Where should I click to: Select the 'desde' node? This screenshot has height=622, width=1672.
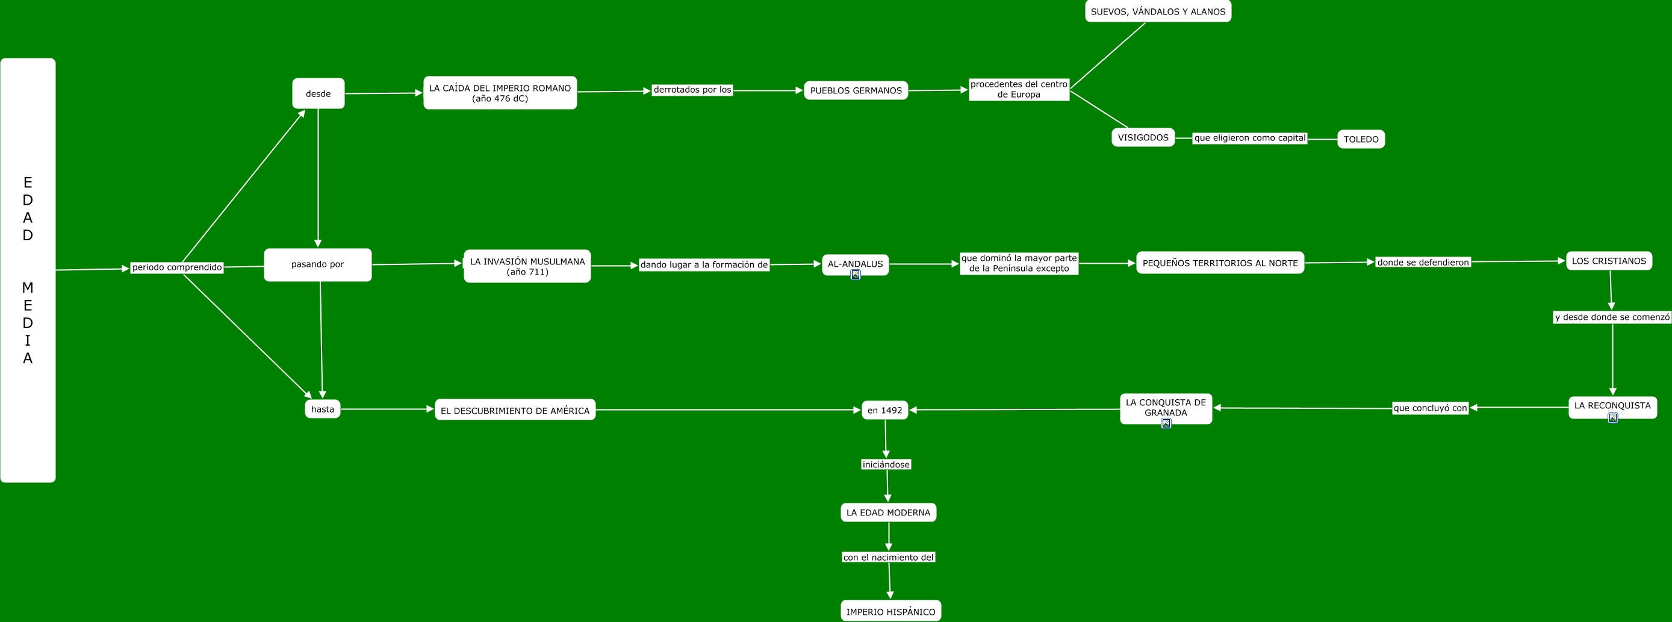click(x=318, y=93)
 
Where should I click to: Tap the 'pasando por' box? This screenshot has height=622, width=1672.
click(x=317, y=264)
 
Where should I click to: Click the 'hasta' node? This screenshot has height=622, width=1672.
click(x=323, y=409)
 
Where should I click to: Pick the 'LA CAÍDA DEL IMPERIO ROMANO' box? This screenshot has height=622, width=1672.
click(x=500, y=93)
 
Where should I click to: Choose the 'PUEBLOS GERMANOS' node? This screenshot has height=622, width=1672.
click(x=856, y=90)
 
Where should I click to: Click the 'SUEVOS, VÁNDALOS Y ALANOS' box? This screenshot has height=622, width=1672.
click(x=1158, y=11)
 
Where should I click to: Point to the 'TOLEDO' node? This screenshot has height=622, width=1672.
click(x=1361, y=139)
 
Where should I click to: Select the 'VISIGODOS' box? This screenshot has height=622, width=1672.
click(x=1142, y=138)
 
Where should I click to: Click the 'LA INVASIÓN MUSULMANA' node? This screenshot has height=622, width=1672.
click(x=527, y=266)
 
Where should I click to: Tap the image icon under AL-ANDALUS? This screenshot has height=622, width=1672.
click(x=856, y=275)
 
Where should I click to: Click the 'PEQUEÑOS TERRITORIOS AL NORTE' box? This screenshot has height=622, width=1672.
click(x=1220, y=263)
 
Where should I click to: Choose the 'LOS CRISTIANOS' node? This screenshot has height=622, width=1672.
click(x=1608, y=261)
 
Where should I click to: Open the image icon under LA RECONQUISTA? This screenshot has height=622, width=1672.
click(x=1612, y=418)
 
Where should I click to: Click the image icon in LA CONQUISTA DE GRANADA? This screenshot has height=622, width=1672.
click(x=1166, y=423)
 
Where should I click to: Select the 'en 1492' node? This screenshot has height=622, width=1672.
click(x=884, y=410)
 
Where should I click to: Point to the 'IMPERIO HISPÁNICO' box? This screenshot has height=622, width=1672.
click(x=890, y=611)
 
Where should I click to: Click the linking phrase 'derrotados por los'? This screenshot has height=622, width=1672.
click(x=692, y=90)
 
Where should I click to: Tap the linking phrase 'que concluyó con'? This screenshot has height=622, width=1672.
click(x=1430, y=408)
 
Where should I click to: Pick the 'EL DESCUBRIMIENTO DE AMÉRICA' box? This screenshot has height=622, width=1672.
click(x=515, y=410)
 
